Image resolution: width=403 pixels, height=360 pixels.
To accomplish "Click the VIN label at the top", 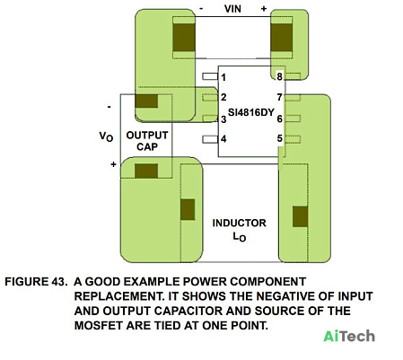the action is click(x=232, y=9).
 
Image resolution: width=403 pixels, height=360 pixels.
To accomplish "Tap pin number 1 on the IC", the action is click(x=223, y=77).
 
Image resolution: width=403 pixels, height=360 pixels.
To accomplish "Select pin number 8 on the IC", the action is click(x=279, y=76).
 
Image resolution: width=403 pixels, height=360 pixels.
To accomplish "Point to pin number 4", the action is click(x=223, y=139).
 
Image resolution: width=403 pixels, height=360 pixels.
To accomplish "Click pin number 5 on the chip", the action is click(x=279, y=138).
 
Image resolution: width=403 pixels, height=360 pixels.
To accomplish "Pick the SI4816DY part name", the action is click(x=251, y=112).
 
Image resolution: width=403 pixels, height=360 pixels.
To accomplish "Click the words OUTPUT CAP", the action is click(x=147, y=141).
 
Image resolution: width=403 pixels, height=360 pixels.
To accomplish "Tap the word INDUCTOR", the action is click(x=239, y=223).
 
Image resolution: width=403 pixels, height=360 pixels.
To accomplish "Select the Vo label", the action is click(x=106, y=136).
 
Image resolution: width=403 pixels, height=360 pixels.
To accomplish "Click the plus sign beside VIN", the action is click(x=263, y=9).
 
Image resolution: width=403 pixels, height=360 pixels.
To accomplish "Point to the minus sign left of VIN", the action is click(x=201, y=9).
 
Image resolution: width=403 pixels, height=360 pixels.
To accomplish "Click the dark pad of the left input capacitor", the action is click(x=184, y=38).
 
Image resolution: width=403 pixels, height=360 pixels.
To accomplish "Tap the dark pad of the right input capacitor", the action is click(x=282, y=38).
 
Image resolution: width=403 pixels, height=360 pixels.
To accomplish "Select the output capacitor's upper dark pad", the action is click(x=146, y=101).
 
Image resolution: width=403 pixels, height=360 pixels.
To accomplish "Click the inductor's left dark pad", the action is click(x=188, y=209).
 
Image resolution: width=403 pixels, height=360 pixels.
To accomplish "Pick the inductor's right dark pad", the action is click(x=300, y=216).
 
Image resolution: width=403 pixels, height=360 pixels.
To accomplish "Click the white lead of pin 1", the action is click(x=210, y=76).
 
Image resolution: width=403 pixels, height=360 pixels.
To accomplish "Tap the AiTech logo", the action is click(x=349, y=336).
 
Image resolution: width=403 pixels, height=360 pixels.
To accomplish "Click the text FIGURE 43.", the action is click(x=36, y=282).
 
